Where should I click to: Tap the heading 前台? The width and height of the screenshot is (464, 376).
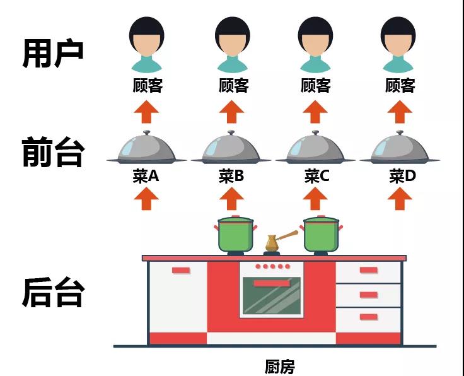tap(53, 153)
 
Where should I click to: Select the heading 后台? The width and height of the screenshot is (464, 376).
tap(53, 291)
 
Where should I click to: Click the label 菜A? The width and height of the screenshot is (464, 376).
tap(146, 177)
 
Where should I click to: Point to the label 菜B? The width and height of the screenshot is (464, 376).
tap(231, 177)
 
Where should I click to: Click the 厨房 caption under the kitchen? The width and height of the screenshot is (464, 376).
tap(279, 367)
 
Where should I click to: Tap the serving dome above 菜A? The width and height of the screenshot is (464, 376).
tap(146, 149)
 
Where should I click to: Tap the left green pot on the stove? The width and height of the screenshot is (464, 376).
tap(235, 234)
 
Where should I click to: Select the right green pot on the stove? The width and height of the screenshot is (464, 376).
tap(321, 234)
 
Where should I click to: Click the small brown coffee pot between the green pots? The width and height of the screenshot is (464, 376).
tap(273, 243)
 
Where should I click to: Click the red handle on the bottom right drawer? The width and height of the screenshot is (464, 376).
tap(369, 316)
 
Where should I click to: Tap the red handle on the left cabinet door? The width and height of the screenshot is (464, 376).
tap(181, 270)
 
